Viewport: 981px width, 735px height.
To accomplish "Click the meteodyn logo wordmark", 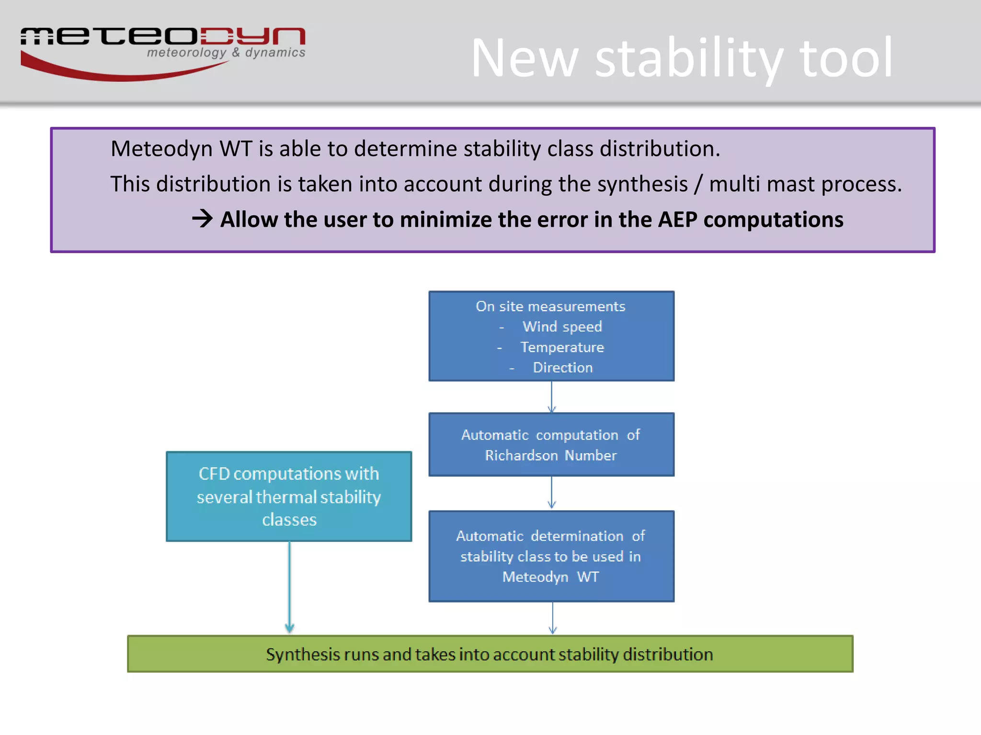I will (x=163, y=36).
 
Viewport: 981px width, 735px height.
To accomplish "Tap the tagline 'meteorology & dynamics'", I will (x=226, y=53).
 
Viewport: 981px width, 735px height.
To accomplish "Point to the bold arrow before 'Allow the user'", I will (x=202, y=219).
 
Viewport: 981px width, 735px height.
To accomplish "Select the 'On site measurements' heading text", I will (x=550, y=306).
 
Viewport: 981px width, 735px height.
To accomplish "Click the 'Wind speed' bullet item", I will (x=562, y=327).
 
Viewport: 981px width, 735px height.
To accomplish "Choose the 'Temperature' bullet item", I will (x=562, y=347).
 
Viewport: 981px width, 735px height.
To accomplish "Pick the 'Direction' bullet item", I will (x=562, y=367).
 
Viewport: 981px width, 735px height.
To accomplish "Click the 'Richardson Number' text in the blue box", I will (x=550, y=456).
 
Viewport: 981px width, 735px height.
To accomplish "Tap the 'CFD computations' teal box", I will (x=289, y=496).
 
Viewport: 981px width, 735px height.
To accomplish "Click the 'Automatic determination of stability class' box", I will (x=551, y=556).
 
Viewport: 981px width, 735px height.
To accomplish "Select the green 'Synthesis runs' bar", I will (x=490, y=654).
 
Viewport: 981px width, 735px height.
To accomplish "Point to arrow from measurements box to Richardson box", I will (x=551, y=397).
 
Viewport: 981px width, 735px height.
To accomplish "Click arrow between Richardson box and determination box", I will (x=551, y=493).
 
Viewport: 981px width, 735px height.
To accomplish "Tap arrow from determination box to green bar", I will (x=552, y=618).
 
